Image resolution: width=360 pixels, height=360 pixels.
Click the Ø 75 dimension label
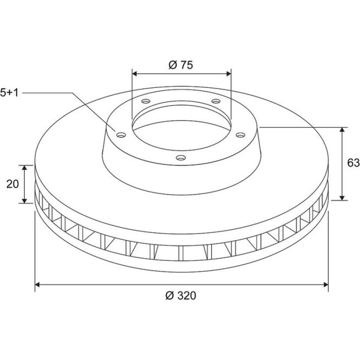point(181,65)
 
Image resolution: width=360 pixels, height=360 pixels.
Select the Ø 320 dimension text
point(180,295)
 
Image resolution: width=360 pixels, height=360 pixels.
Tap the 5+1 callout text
point(9,93)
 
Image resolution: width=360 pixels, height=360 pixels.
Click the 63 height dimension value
point(353,163)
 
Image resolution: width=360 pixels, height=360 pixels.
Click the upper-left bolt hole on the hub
point(146,101)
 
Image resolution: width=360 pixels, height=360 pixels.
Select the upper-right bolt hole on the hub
point(216,101)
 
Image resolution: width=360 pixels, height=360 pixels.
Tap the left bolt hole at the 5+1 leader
point(121,135)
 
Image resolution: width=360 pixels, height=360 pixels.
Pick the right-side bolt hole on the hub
point(240,135)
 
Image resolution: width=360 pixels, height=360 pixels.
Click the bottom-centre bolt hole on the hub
point(181,158)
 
